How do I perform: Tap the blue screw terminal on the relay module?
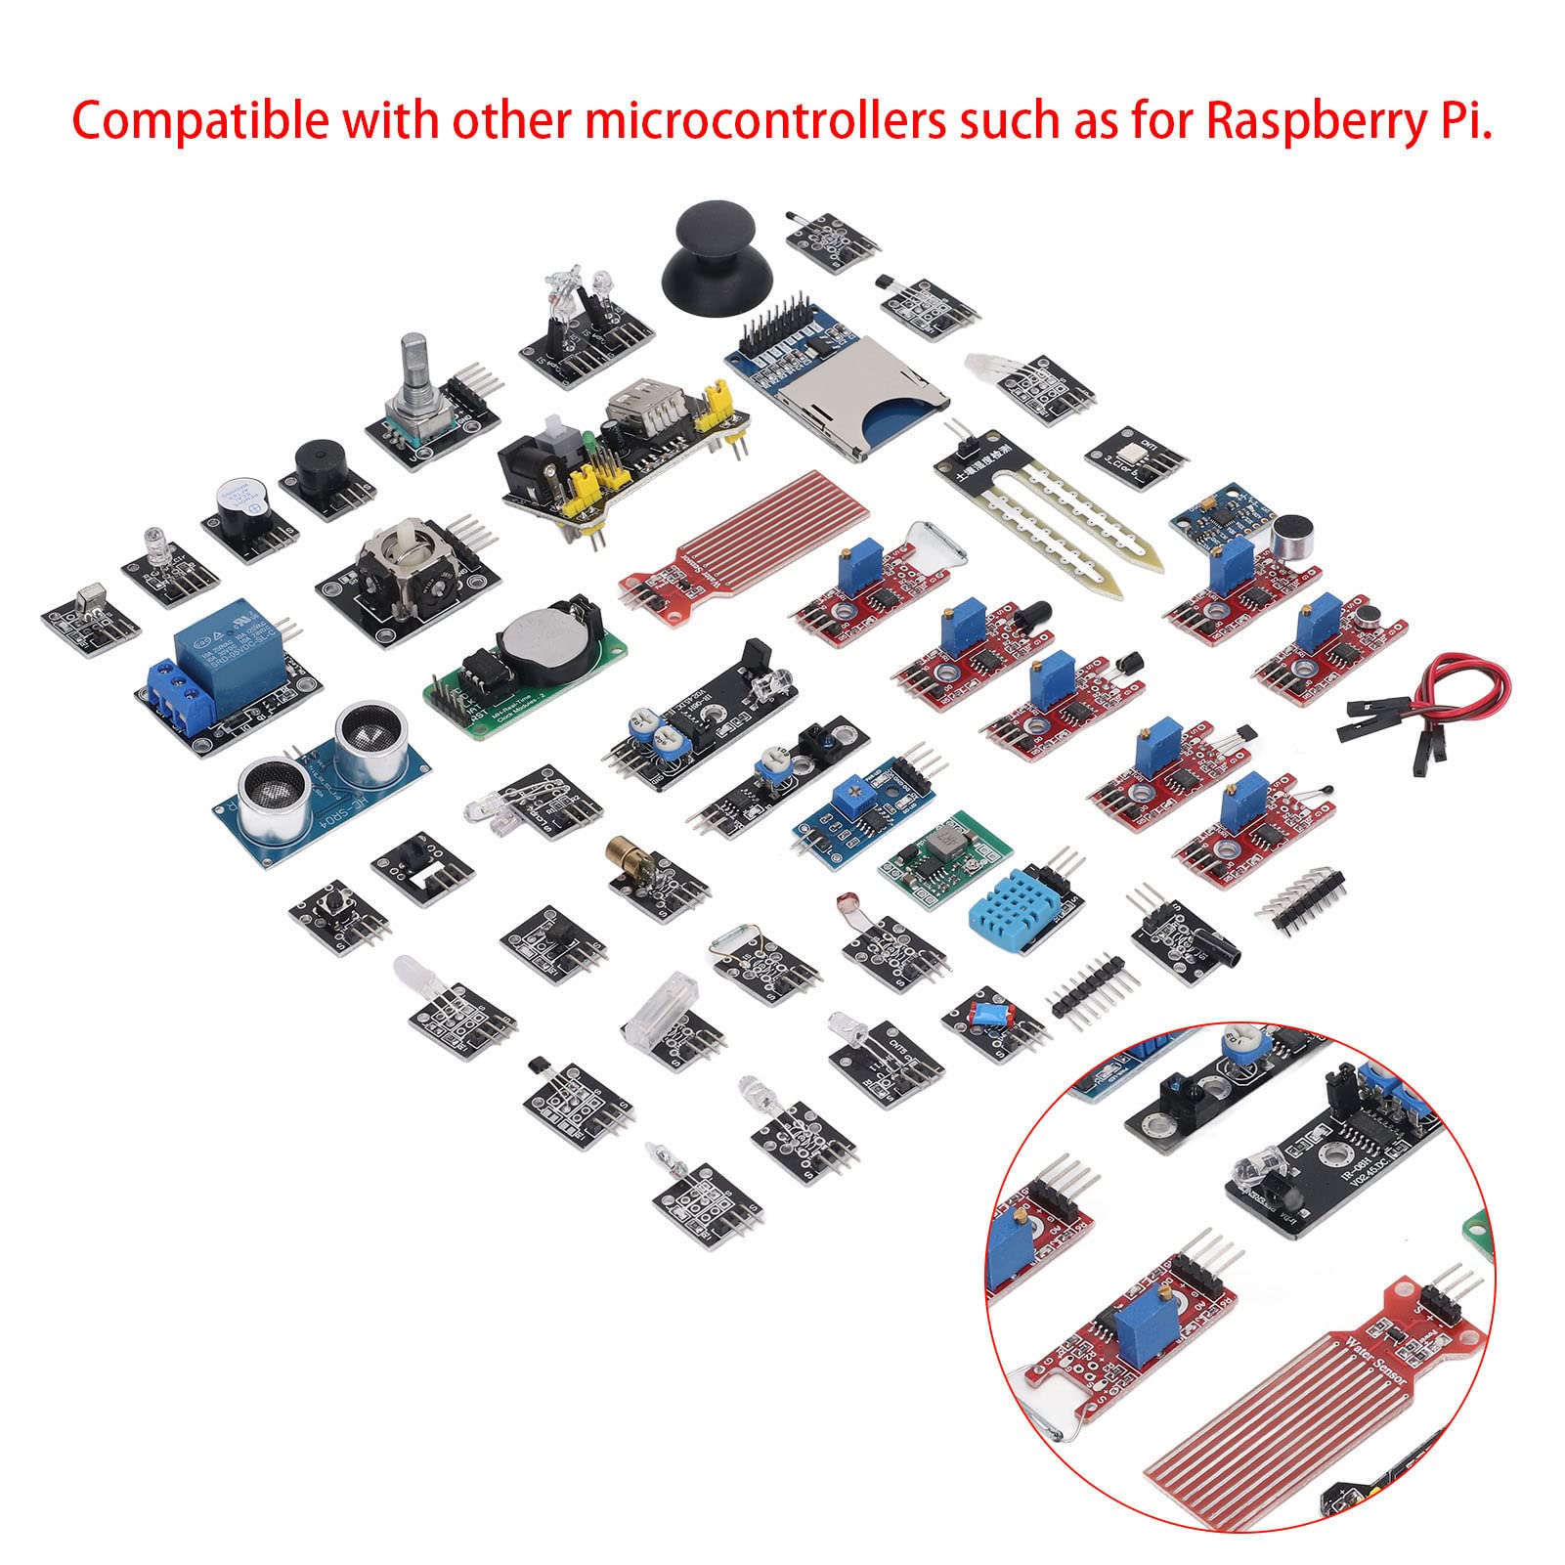tap(180, 695)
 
